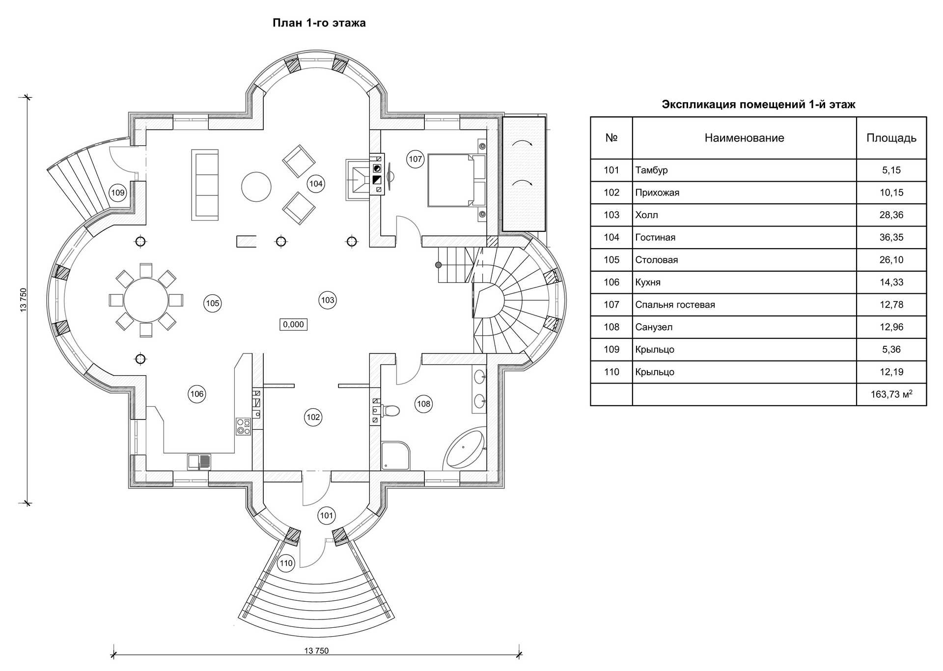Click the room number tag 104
[x=316, y=184]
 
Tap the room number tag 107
[x=415, y=159]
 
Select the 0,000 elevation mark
[x=293, y=324]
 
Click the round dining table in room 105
[x=146, y=300]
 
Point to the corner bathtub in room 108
[x=465, y=449]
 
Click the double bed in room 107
[x=451, y=180]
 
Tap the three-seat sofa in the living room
[x=205, y=185]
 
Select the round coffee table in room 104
[x=256, y=187]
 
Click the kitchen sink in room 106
[x=199, y=462]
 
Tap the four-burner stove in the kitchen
[x=243, y=426]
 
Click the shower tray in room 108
[x=395, y=455]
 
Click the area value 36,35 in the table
[x=891, y=237]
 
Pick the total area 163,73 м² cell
[x=891, y=394]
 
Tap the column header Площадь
[x=891, y=138]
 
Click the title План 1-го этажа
[x=319, y=23]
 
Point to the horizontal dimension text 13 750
[x=316, y=651]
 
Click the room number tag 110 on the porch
[x=286, y=563]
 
